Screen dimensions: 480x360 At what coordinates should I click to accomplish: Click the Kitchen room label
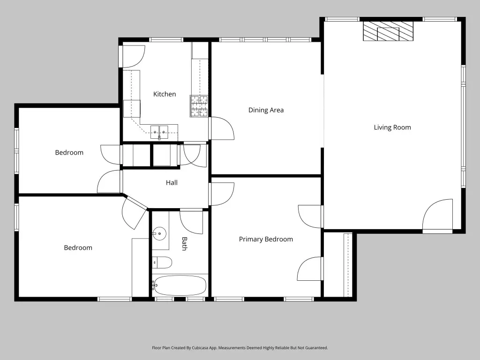point(165,94)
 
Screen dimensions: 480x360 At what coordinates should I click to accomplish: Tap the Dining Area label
point(266,110)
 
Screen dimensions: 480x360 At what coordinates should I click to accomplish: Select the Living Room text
point(392,127)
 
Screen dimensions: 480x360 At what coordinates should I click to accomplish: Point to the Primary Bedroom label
point(266,240)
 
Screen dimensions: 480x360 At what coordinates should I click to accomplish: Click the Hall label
point(172,183)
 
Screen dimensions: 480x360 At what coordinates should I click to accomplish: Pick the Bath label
point(184,244)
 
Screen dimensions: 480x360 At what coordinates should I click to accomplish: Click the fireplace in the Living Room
point(388,31)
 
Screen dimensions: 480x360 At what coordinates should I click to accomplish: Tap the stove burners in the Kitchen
point(199,106)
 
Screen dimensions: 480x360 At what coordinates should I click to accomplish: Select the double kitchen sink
point(159,132)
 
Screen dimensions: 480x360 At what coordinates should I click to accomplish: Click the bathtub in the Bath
point(180,285)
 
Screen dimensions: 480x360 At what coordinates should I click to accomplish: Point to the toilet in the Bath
point(162,262)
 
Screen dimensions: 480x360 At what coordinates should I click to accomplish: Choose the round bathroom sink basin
point(159,234)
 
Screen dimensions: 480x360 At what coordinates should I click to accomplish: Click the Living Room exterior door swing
point(437,216)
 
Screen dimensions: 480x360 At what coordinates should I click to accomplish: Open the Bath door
point(191,222)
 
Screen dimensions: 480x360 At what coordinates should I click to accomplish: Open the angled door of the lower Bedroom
point(134,213)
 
